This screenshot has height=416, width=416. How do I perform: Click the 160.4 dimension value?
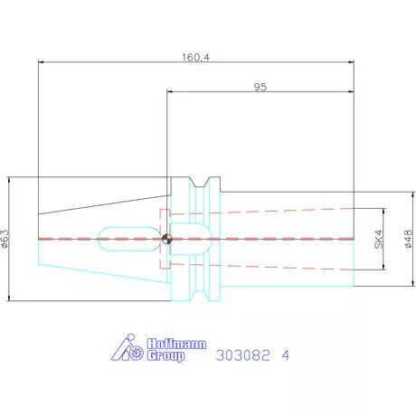coord(195,57)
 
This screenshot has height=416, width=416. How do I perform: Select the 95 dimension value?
coord(260,87)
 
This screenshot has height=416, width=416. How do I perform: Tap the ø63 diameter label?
coord(5,239)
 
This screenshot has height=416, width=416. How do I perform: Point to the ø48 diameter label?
coord(408,239)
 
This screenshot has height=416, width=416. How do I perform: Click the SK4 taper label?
coord(378,239)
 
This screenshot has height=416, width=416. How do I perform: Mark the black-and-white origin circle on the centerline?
coord(166,239)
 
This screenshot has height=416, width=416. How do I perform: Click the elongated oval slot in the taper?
coord(128,239)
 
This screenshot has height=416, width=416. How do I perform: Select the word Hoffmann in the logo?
coord(176,344)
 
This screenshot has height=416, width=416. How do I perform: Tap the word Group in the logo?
coord(165,355)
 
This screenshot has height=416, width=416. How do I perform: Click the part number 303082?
coord(243,355)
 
